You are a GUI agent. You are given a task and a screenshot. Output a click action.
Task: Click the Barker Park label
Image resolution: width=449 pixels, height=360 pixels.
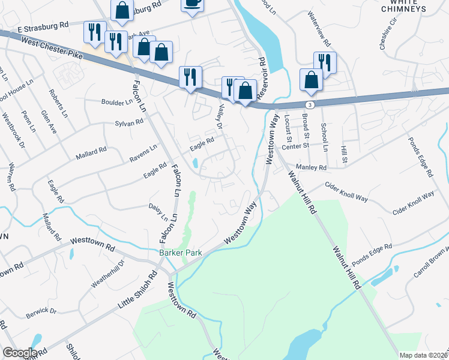coord(180,253)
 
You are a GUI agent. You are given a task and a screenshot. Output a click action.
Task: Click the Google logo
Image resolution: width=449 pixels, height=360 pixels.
coord(20,353)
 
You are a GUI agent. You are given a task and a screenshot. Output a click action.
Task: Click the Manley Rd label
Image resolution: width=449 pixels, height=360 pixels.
coord(310,168)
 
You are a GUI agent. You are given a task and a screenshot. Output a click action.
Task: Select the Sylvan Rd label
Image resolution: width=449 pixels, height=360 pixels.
coord(128,122)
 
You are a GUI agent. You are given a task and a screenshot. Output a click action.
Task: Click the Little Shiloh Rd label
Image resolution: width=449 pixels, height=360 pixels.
coord(137,290)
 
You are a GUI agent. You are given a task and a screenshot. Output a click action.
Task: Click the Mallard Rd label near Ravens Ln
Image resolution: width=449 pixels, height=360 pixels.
coord(91,154)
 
